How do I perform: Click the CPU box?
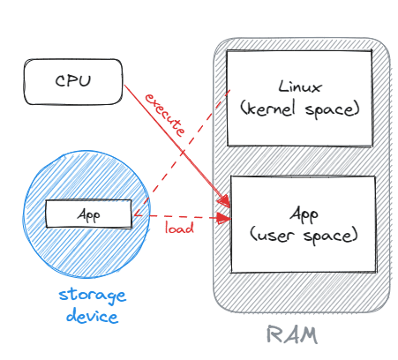tap(73, 82)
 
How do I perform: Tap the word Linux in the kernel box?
tap(300, 86)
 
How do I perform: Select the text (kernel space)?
tap(300, 109)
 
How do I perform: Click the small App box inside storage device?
tap(88, 214)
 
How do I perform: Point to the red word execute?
tap(165, 115)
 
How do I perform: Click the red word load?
tap(179, 228)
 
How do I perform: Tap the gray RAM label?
tap(292, 334)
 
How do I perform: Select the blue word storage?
tap(93, 295)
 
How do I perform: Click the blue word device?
tap(92, 316)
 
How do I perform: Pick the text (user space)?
tap(304, 236)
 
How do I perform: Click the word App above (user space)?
tap(304, 214)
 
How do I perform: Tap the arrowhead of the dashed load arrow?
tap(225, 218)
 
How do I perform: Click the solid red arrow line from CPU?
tap(177, 146)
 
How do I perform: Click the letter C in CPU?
tap(60, 80)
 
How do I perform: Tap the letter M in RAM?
tap(309, 335)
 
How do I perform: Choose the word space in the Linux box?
tap(333, 110)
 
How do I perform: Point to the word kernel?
tap(267, 109)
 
